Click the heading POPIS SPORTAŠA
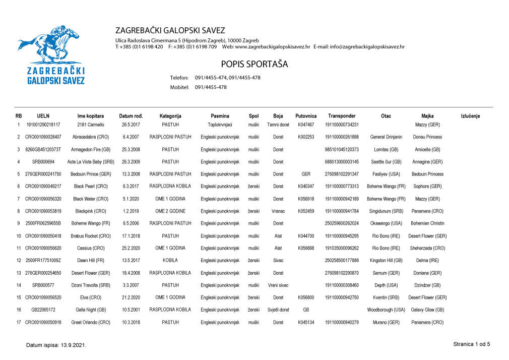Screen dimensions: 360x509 click(254, 65)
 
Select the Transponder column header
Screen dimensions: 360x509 click(342, 116)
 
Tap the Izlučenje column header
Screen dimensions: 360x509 click(470, 116)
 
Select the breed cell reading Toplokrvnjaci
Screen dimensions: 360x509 click(220, 125)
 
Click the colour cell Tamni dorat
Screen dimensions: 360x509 click(278, 125)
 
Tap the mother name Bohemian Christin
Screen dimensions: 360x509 click(427, 223)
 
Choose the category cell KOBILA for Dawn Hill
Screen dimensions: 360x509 click(170, 261)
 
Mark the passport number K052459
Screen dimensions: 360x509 click(306, 211)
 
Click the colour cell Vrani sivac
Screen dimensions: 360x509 click(278, 285)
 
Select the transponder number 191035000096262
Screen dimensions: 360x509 click(342, 248)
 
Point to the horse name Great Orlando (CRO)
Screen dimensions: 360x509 click(91, 322)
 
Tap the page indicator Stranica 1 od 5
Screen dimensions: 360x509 click(472, 344)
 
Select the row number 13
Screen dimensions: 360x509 click(19, 273)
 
